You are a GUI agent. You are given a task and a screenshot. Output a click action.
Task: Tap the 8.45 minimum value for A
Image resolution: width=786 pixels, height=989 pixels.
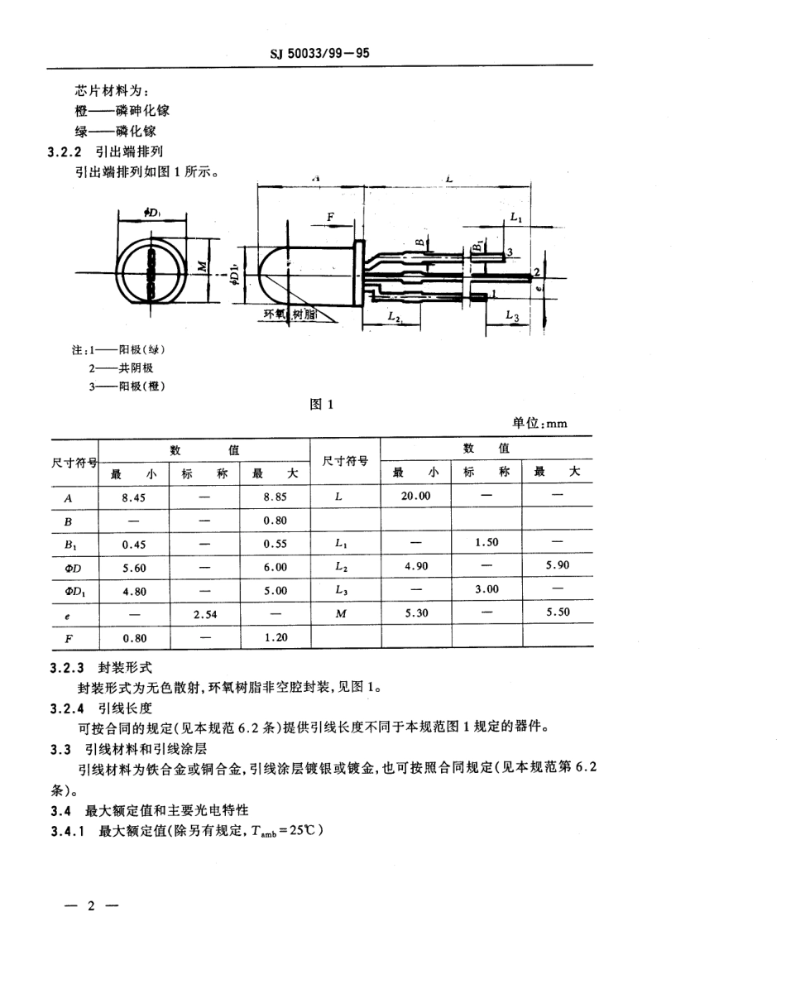(x=133, y=497)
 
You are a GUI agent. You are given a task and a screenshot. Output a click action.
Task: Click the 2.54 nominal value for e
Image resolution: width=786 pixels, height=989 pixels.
(x=204, y=614)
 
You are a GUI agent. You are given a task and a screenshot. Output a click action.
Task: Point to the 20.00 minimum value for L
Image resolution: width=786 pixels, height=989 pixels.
(x=415, y=497)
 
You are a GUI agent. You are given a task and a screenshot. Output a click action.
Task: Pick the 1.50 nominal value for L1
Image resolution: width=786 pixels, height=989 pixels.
(x=486, y=542)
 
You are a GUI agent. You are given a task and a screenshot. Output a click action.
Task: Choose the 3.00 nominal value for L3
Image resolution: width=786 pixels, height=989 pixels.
(x=486, y=589)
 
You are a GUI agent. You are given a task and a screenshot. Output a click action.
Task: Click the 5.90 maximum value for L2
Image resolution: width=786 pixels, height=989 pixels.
(x=558, y=566)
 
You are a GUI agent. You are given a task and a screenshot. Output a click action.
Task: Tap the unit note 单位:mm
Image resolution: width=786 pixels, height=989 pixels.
(x=539, y=423)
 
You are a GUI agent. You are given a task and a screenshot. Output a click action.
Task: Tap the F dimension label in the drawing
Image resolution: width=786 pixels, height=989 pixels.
(x=330, y=217)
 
